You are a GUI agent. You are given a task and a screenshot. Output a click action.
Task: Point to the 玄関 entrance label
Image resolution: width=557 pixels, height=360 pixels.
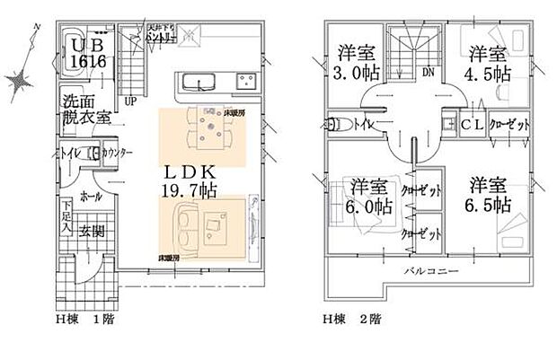[93, 231]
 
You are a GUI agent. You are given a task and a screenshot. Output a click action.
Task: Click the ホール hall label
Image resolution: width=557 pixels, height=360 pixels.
[90, 195]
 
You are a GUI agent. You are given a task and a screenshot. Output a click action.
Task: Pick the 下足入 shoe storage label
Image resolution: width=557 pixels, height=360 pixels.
[67, 220]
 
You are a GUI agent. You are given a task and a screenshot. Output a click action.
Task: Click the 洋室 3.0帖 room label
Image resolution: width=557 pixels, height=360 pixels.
[355, 61]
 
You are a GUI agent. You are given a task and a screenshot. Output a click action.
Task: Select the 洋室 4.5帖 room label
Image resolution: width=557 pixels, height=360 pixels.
[489, 61]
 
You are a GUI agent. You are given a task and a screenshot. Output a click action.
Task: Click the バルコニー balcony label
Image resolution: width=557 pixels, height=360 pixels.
[430, 269]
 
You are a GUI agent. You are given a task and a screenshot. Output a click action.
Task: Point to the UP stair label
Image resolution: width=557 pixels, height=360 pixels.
[131, 100]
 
